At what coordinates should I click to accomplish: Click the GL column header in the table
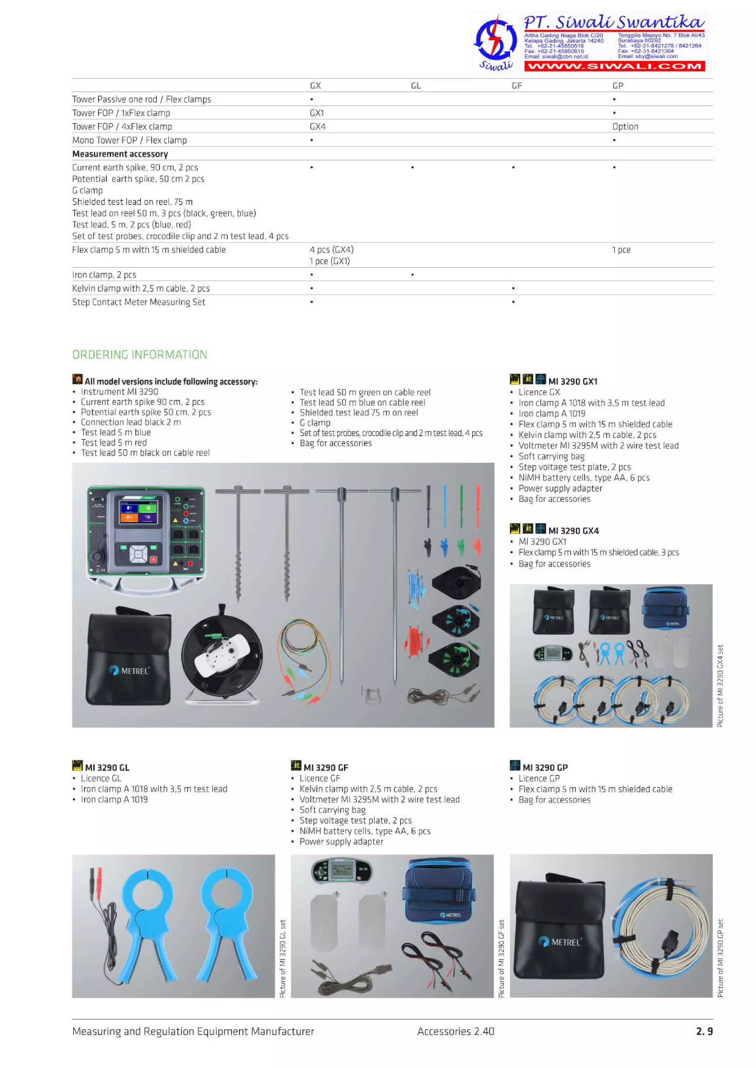coord(416,86)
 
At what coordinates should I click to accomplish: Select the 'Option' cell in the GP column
coord(625,127)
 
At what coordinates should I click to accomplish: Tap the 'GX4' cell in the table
coord(318,127)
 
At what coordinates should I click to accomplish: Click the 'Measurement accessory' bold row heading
coord(120,154)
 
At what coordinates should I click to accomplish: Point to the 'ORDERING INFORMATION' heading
coord(140,355)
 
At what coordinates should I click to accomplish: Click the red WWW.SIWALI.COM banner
coord(614,66)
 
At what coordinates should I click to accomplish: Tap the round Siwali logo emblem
coord(495,39)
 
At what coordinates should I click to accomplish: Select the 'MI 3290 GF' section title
coord(326,767)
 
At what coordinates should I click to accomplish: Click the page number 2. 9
coord(704,1031)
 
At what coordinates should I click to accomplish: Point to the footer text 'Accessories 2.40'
coord(456,1031)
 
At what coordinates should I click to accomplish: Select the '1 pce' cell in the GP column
coord(621,250)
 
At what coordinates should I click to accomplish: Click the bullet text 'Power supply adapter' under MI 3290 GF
coord(341,841)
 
